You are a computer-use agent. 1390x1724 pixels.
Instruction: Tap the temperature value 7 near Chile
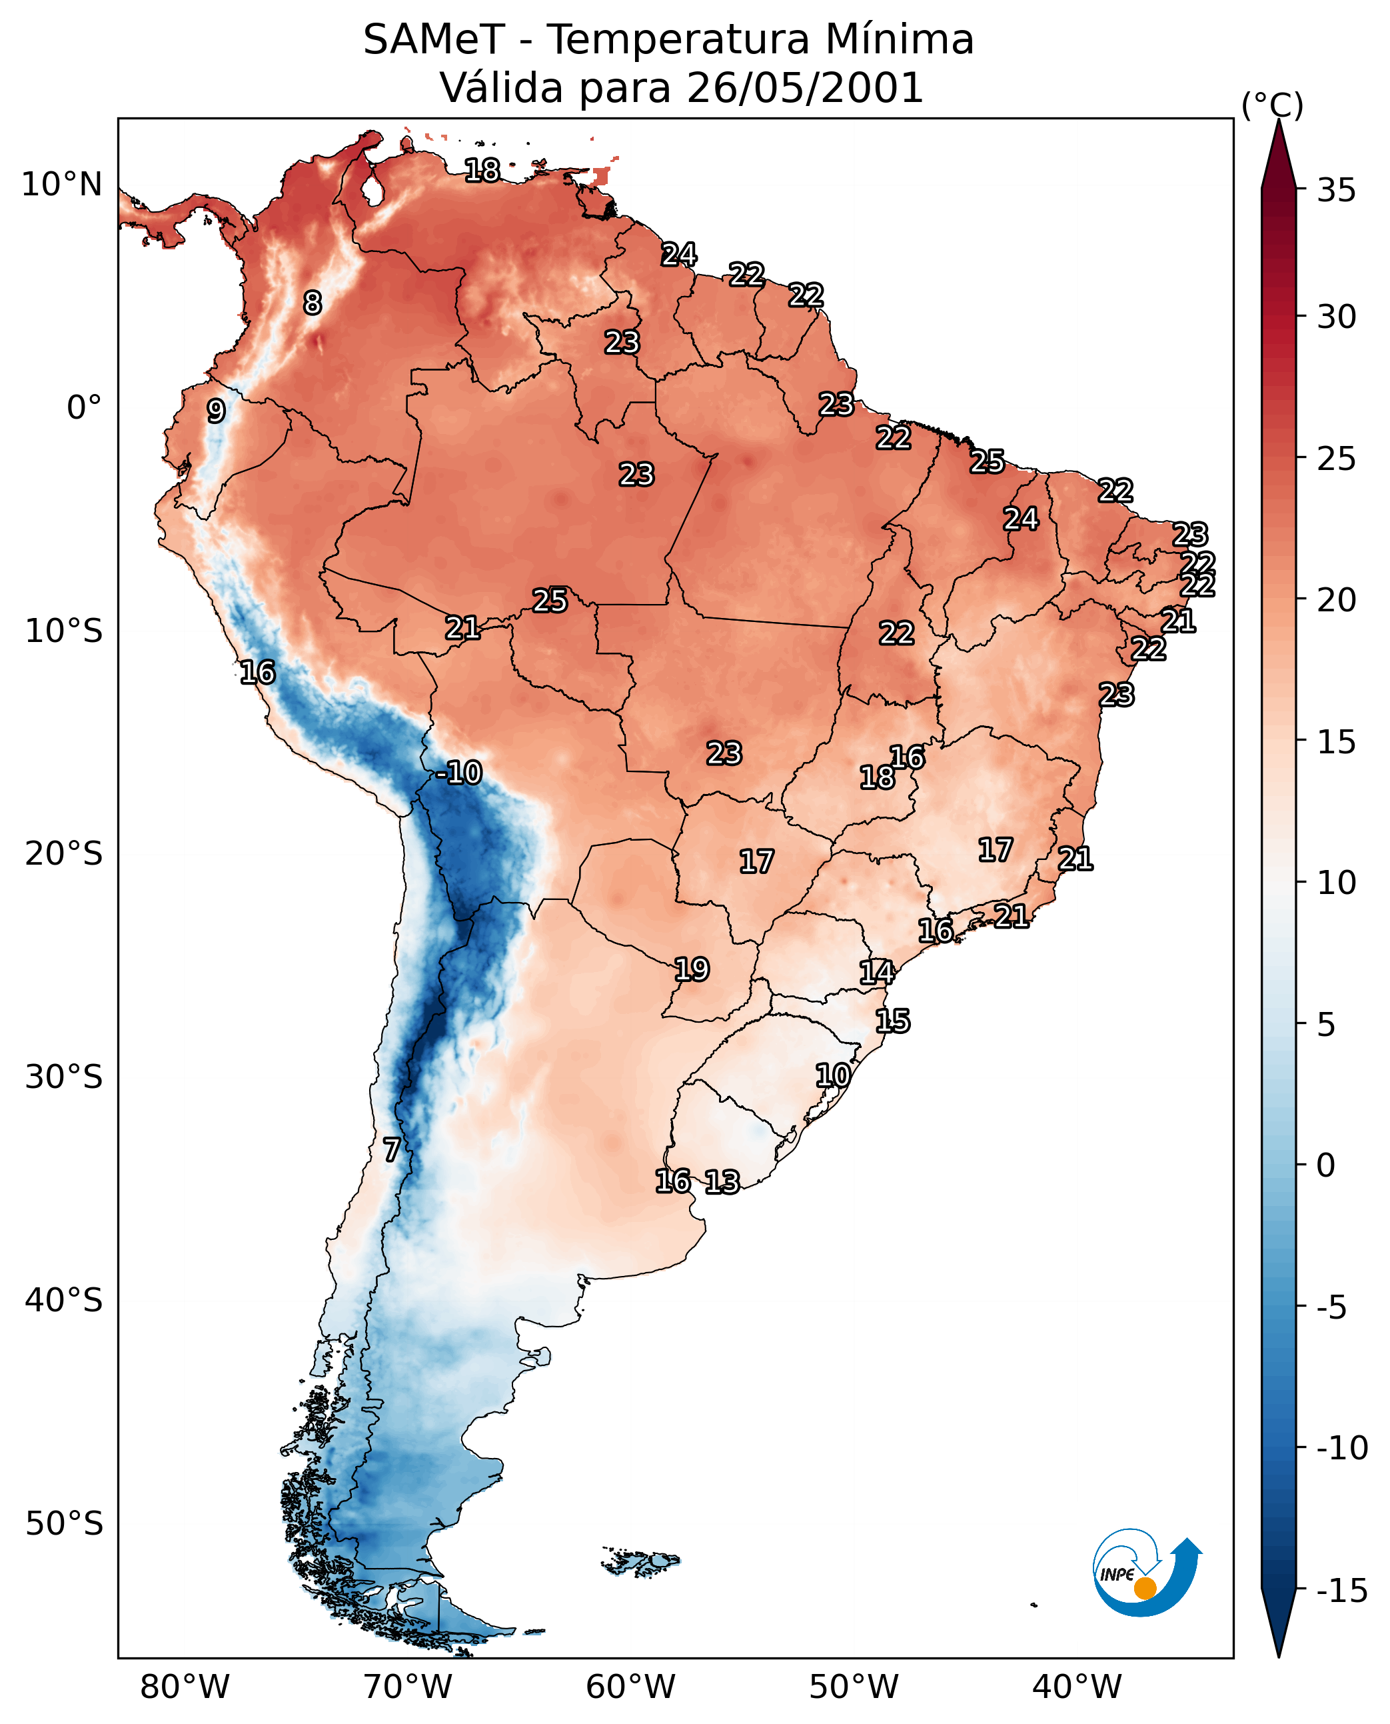390,1149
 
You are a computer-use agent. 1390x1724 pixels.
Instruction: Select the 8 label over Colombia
313,303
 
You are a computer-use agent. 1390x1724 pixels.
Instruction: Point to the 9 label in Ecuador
215,411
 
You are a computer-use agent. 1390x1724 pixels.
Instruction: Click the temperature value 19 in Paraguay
692,969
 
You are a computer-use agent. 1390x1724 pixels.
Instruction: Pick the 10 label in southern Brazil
833,1075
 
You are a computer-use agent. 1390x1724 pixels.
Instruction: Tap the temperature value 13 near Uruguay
722,1181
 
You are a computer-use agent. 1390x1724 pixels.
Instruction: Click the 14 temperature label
877,973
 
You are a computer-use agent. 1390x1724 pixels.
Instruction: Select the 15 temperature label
893,1021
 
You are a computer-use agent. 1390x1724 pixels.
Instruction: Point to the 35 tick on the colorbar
1336,191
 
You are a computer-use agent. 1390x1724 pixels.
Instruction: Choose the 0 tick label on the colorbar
1326,1165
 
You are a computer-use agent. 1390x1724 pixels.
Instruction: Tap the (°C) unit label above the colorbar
1272,105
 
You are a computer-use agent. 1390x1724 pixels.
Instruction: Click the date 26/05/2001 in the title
806,87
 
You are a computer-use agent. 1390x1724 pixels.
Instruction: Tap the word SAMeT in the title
434,39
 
